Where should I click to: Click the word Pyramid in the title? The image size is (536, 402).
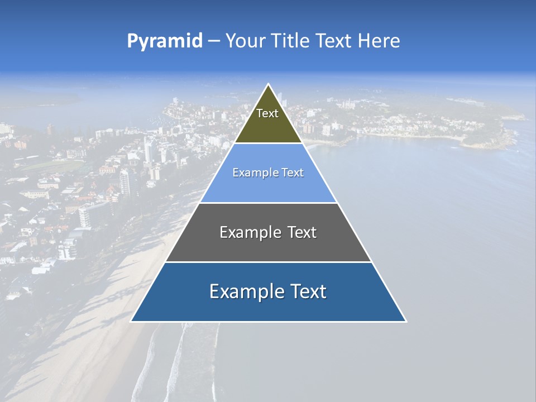point(165,41)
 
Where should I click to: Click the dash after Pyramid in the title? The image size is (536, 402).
point(214,41)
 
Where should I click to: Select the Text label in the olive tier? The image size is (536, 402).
point(267,113)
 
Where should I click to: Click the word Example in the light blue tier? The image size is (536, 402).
point(254,173)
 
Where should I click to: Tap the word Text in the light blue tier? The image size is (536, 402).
point(292,173)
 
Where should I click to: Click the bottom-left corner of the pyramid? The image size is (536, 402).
point(131,321)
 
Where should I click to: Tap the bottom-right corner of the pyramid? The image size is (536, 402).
point(406,321)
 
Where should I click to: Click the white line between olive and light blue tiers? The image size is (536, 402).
point(268,143)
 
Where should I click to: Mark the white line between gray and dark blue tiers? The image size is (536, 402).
point(268,262)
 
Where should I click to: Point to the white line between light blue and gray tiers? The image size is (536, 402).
point(268,203)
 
